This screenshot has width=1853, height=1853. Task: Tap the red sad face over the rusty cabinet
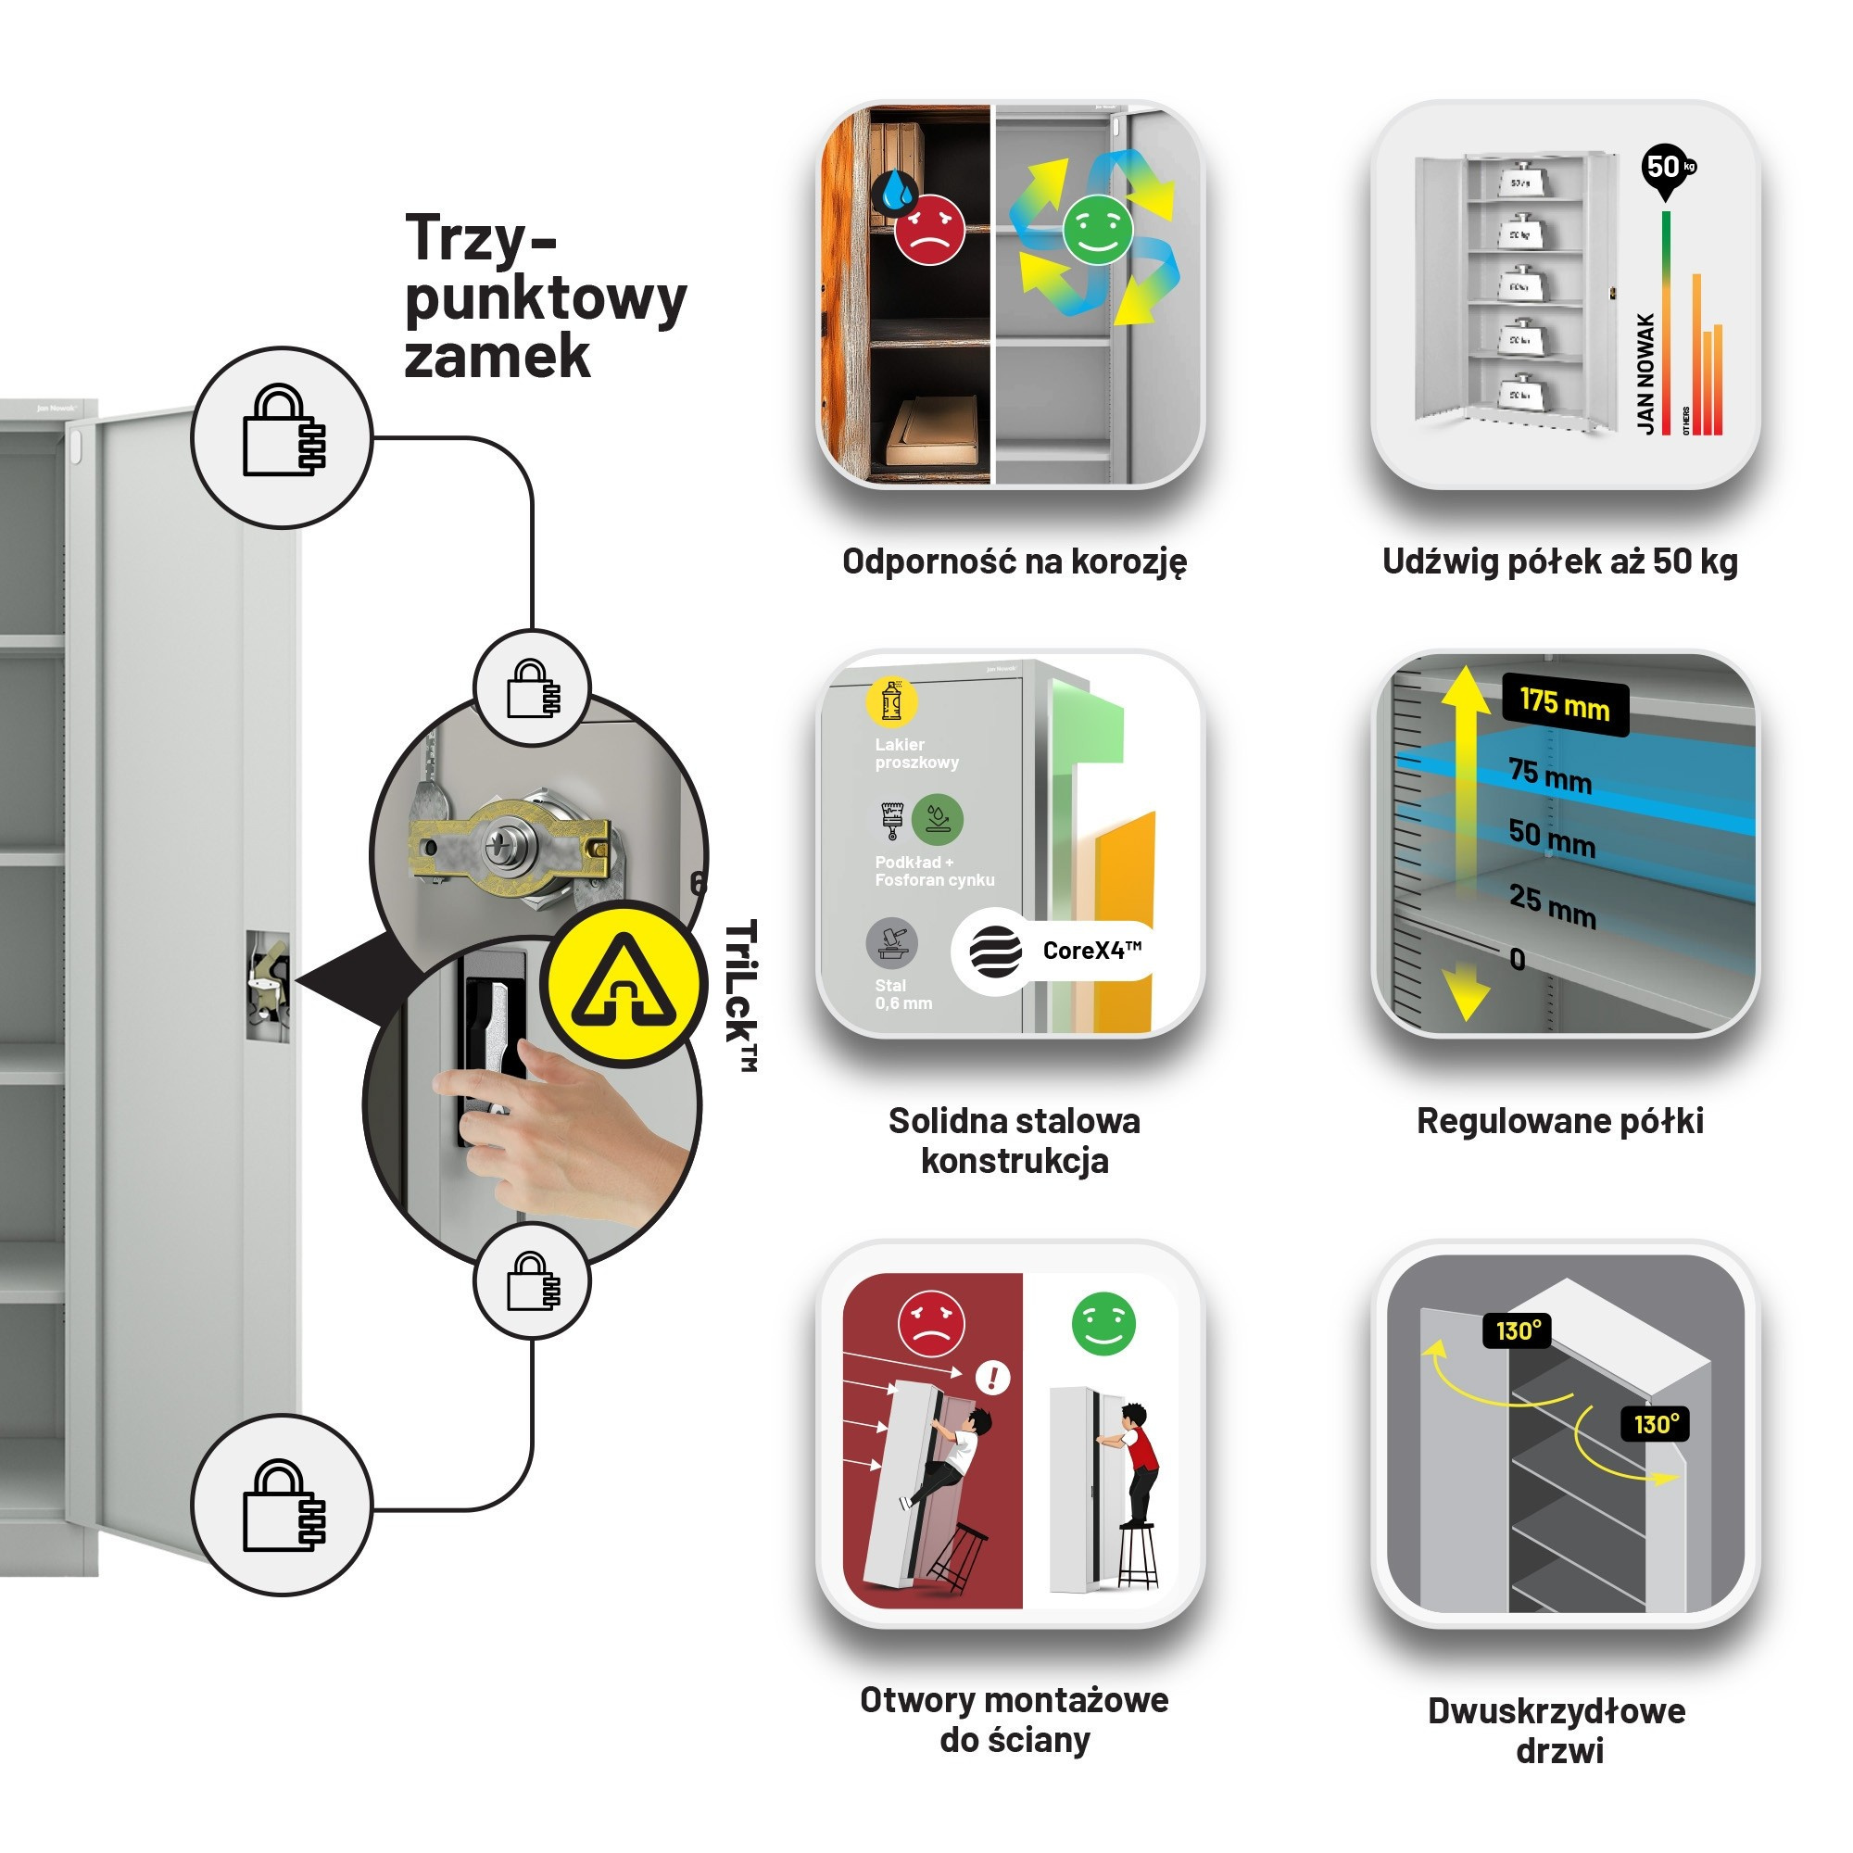tap(928, 229)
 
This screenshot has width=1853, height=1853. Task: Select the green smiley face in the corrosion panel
tap(1097, 229)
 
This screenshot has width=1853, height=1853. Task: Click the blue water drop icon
tap(897, 190)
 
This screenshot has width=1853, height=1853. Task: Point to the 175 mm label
tap(1564, 705)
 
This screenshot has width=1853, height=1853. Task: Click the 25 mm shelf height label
tap(1552, 904)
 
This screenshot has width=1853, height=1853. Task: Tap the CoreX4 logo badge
tap(1055, 951)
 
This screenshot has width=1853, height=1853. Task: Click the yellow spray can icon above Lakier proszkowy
tap(891, 702)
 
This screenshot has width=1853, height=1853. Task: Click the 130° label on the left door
tap(1518, 1330)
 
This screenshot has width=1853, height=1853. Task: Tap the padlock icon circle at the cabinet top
tap(282, 436)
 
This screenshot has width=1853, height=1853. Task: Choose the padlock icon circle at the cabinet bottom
tap(282, 1505)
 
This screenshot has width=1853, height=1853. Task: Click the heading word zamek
tap(497, 358)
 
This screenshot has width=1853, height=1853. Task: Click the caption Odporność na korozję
tap(1014, 561)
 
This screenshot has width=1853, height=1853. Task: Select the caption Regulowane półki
tap(1559, 1120)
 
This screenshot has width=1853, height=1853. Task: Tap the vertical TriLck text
tap(741, 994)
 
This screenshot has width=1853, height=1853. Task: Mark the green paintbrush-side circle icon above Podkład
tap(937, 818)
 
